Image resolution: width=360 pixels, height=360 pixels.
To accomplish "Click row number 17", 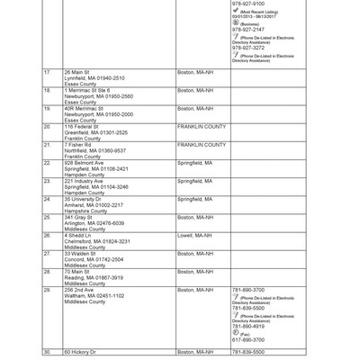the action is click(x=47, y=71).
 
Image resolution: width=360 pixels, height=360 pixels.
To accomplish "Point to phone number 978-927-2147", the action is click(x=248, y=30).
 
